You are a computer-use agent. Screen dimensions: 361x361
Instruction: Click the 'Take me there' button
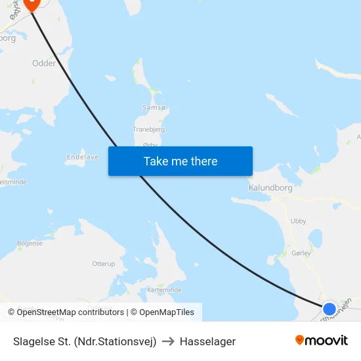pos(180,161)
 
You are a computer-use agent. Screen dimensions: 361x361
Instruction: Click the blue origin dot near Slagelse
pos(329,308)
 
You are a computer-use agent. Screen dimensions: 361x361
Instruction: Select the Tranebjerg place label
pos(148,129)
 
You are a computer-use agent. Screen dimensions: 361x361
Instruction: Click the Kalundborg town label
pos(270,188)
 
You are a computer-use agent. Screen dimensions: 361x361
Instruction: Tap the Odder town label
pos(44,64)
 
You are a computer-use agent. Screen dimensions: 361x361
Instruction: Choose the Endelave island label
pos(83,158)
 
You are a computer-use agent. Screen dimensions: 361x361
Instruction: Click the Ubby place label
pos(298,221)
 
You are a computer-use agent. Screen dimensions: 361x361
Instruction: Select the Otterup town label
pos(104,263)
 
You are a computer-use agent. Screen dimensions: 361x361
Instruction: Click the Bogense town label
pos(30,244)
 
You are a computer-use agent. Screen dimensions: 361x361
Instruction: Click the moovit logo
pos(322,340)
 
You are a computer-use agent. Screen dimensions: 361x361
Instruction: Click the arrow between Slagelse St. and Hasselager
pos(167,341)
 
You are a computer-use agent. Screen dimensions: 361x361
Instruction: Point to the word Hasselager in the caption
pos(207,341)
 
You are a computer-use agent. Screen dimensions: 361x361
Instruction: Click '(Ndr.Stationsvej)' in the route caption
pos(116,341)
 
